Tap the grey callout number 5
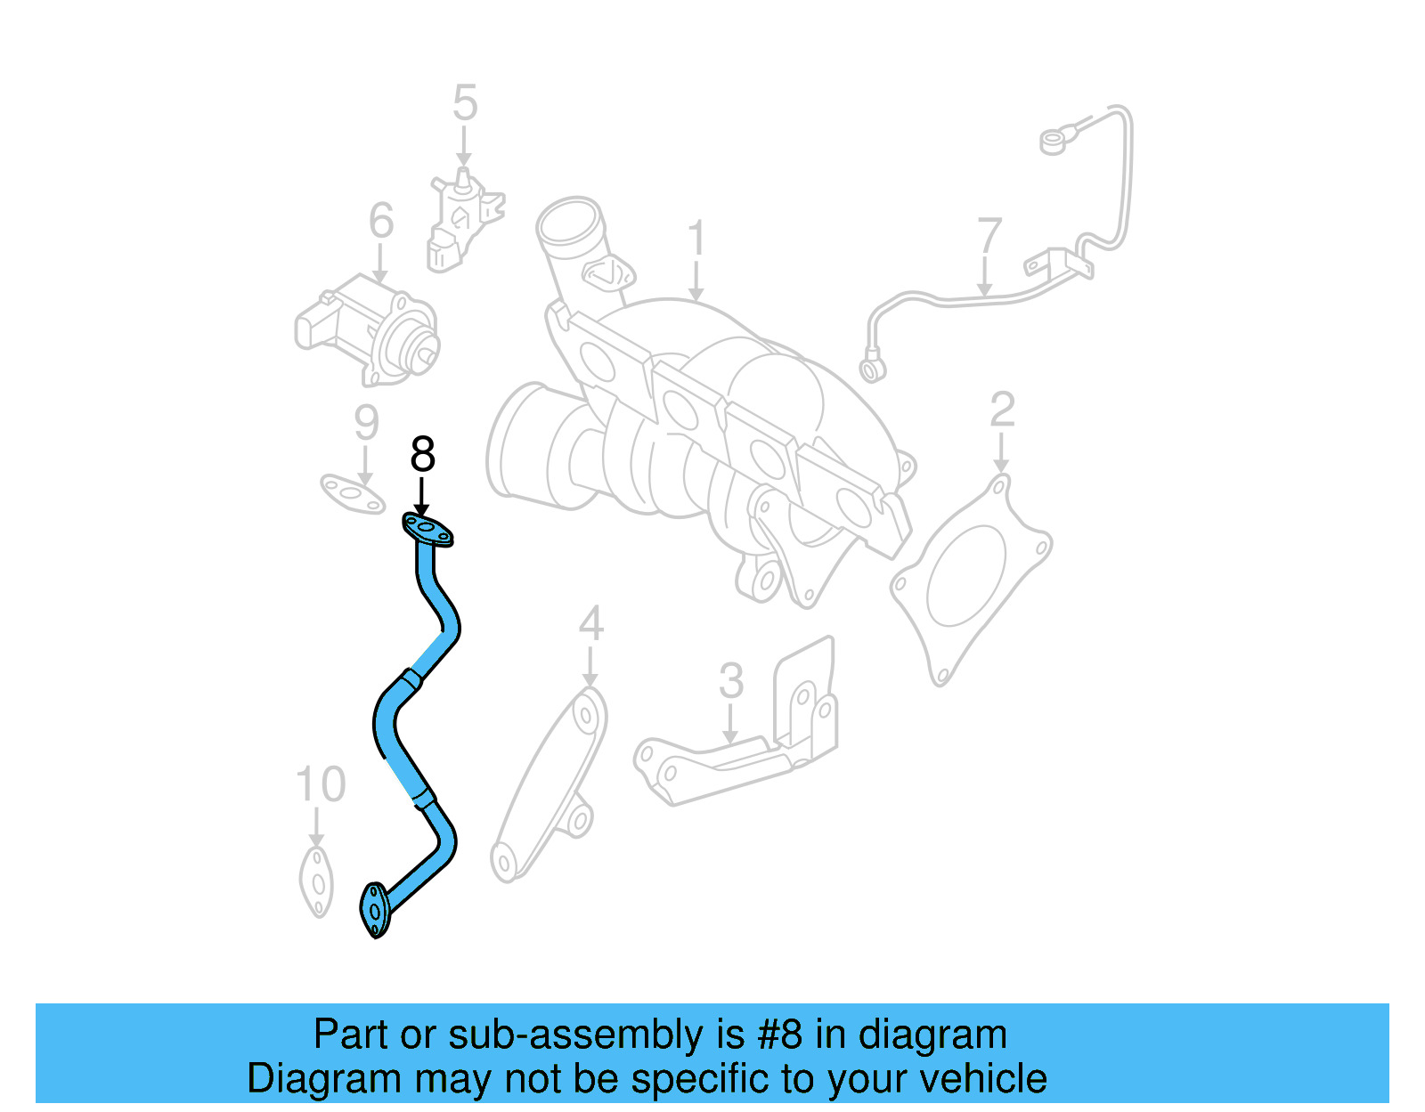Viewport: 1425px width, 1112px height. [465, 103]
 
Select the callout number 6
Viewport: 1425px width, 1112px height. [381, 221]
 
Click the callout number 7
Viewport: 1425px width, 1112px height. [989, 237]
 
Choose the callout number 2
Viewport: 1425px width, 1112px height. [1002, 410]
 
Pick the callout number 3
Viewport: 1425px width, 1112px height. [730, 681]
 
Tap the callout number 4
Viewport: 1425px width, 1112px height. [590, 624]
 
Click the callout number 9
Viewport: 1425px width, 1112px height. [366, 423]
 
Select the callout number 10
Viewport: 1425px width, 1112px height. [320, 785]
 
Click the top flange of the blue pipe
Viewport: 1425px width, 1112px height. [428, 530]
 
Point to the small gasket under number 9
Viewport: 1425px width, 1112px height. [353, 494]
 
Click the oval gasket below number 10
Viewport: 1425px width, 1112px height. [317, 881]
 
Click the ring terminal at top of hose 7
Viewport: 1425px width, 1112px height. [1053, 141]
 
